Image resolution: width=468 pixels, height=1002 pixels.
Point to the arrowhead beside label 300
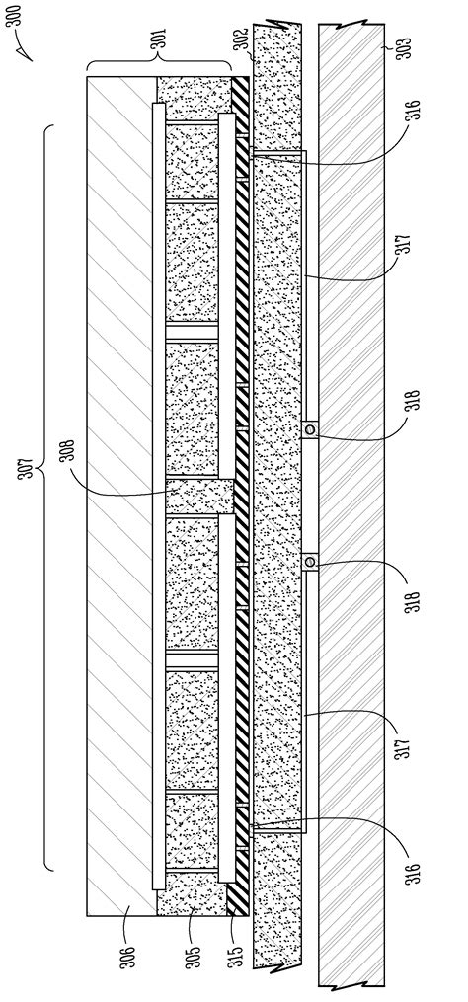tap(27, 55)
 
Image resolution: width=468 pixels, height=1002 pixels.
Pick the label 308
tap(68, 451)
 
